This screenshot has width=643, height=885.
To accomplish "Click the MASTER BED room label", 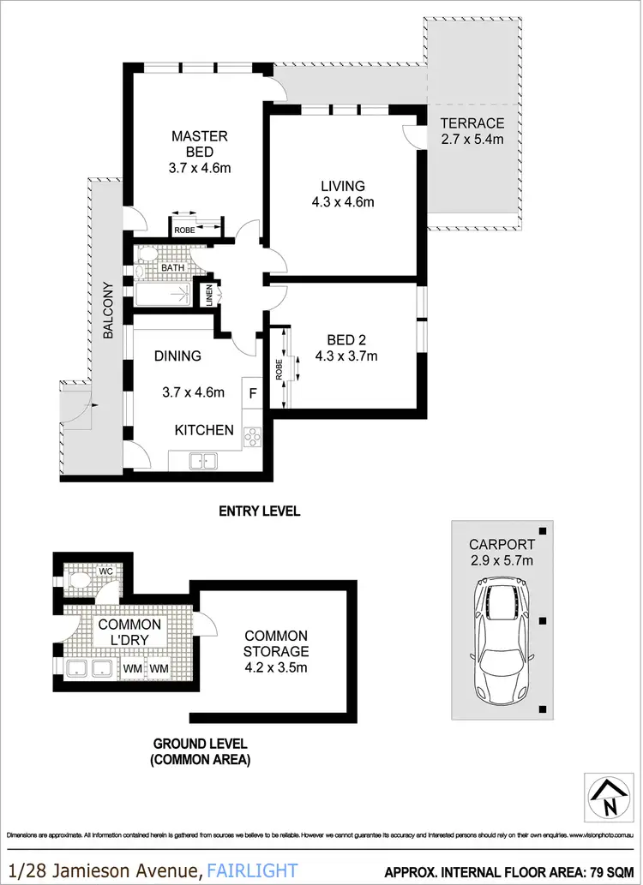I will point(199,152).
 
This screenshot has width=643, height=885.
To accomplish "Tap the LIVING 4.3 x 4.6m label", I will point(343,194).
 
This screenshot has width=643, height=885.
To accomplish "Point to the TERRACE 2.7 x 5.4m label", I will point(472,130).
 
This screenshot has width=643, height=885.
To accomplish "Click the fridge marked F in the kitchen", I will point(252,393).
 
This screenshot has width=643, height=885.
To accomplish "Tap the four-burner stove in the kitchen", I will point(252,437).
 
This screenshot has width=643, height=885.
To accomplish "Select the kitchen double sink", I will point(204,461).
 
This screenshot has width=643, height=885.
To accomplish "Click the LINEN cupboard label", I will point(208,296).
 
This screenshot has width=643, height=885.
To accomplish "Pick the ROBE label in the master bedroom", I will point(184,230).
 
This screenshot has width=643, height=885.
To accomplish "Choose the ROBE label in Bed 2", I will point(280,368).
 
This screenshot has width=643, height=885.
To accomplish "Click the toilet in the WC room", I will point(79,580).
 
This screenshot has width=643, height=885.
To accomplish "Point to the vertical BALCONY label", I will point(108,311).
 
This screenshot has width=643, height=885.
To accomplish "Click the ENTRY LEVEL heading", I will point(259,511).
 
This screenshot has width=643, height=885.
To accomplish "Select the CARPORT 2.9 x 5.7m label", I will point(501,553).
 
